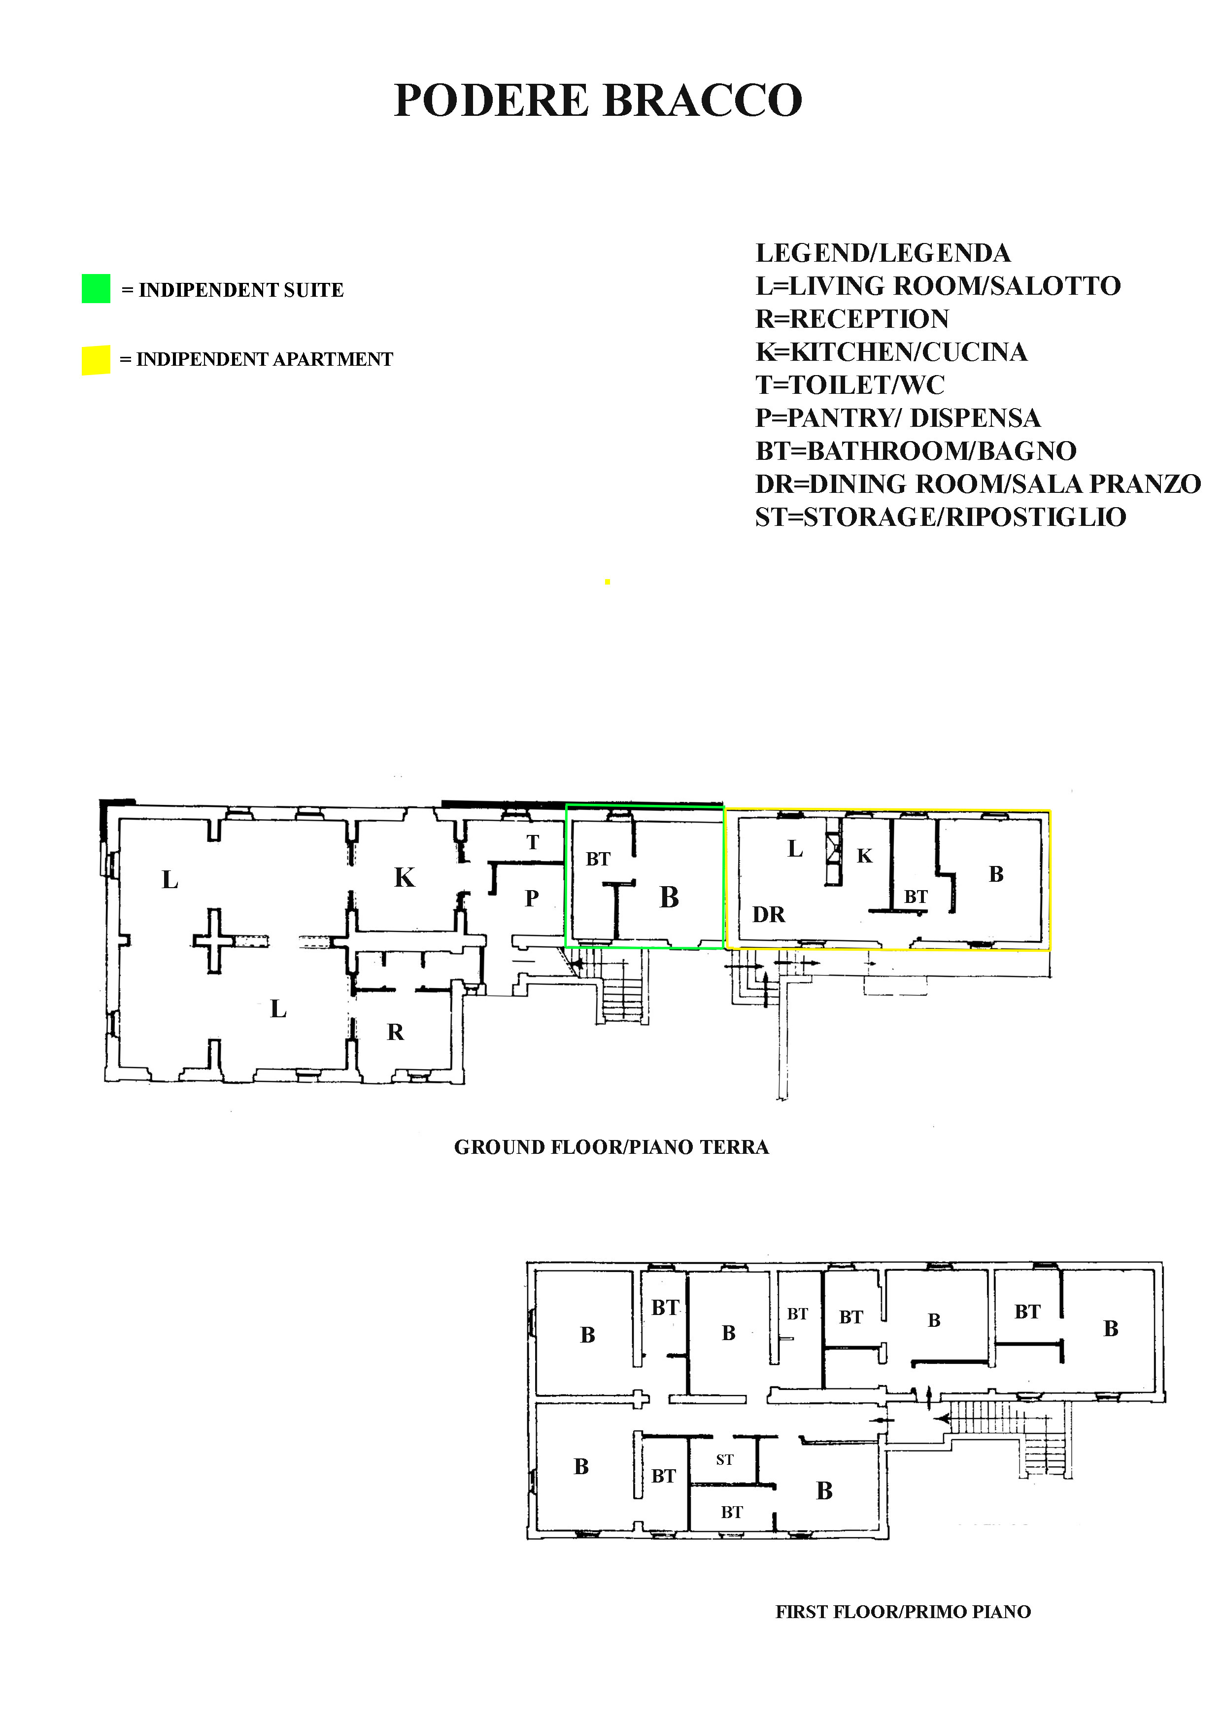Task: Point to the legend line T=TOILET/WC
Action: coord(849,385)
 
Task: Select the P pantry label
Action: coord(532,899)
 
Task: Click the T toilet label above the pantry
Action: coord(533,843)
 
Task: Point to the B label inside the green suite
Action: coord(669,897)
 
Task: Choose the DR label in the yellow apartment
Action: coord(769,914)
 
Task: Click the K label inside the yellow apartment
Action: coord(864,856)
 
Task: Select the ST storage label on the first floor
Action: coord(724,1459)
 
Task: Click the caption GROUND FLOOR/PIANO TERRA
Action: coord(611,1147)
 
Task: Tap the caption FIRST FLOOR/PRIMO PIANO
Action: coord(903,1612)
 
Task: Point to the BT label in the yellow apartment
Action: coord(916,897)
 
